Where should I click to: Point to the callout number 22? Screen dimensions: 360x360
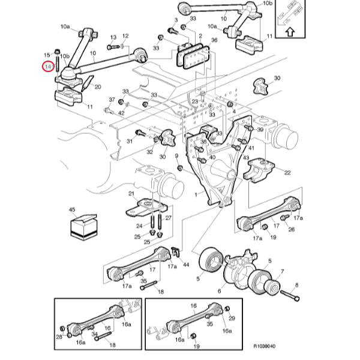click(x=287, y=172)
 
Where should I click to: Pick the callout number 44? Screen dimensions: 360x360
click(x=186, y=265)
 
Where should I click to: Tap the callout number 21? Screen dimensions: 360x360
click(x=131, y=193)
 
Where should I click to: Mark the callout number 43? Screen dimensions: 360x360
click(x=245, y=157)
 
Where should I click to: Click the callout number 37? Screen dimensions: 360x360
click(x=112, y=100)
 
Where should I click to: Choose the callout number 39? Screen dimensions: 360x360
click(x=260, y=130)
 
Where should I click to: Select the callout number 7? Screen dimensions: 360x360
click(x=283, y=272)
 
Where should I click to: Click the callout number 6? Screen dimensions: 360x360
click(x=219, y=292)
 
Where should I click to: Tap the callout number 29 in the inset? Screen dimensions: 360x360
click(x=232, y=317)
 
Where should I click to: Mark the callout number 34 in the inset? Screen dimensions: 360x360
click(x=94, y=335)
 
